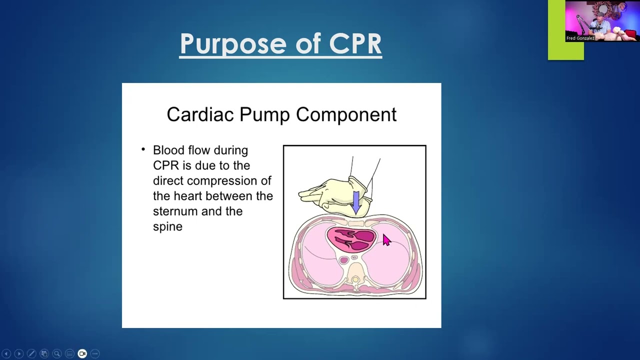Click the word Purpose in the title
[x=233, y=44]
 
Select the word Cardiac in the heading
[x=200, y=114]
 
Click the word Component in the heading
[x=346, y=114]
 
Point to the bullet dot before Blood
[x=143, y=149]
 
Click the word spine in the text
[x=167, y=227]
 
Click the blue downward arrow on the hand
[x=355, y=201]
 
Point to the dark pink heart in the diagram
[x=352, y=238]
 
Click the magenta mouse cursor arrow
[x=386, y=240]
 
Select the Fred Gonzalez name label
[x=580, y=38]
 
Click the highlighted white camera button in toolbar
[x=82, y=353]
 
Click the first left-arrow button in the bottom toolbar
[x=6, y=353]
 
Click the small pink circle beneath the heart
[x=343, y=260]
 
